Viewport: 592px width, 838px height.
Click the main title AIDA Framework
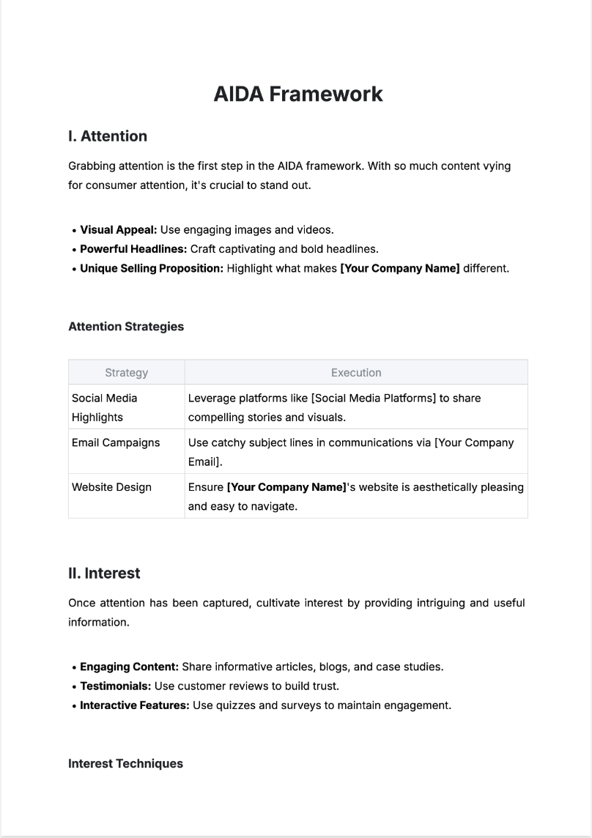297,94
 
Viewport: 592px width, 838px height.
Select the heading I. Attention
108,136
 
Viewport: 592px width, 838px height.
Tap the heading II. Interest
104,574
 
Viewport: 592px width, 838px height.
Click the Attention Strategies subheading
126,327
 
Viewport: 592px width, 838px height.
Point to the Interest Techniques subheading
125,763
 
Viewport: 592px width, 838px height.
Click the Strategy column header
126,373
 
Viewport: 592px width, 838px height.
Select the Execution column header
356,373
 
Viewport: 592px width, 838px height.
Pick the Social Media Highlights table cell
104,407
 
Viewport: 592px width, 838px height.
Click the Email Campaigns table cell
116,442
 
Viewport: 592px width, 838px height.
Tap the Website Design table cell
111,487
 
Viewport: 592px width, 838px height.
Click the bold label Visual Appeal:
119,230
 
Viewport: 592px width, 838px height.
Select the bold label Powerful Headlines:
133,249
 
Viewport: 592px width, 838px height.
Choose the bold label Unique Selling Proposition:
152,268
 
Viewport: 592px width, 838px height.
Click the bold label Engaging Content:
129,667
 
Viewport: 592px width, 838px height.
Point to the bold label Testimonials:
116,686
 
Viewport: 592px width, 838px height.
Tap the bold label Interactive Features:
134,705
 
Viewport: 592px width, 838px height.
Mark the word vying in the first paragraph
497,166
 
